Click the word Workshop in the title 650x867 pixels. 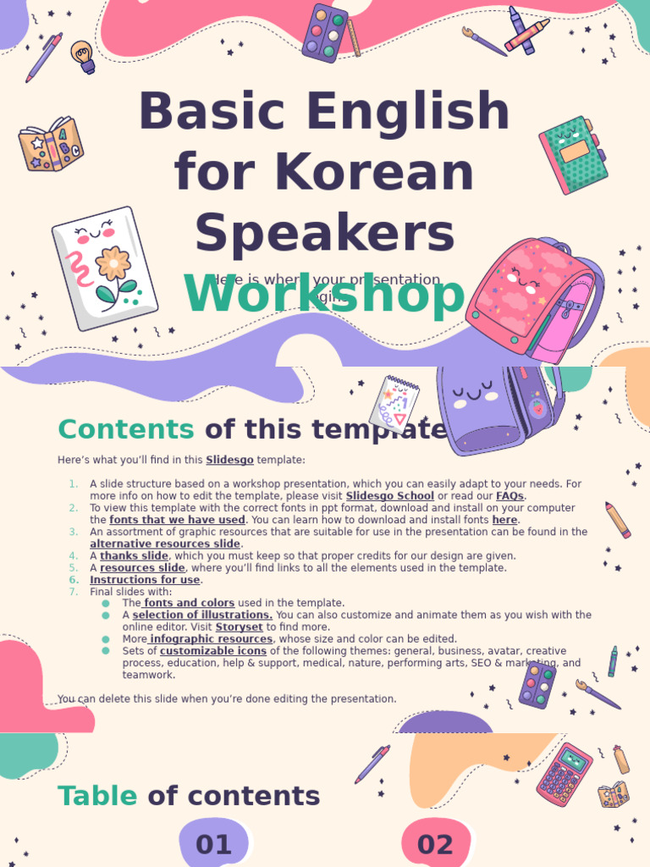[x=324, y=296]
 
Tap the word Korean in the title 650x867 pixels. [x=324, y=172]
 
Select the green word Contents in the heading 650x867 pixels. [x=125, y=429]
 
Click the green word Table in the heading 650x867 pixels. [x=96, y=796]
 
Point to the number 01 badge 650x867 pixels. [x=214, y=844]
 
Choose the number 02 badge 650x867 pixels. [x=435, y=844]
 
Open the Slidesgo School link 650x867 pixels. [x=389, y=496]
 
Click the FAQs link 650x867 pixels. [x=510, y=496]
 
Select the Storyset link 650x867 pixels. [x=240, y=627]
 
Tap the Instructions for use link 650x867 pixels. [x=145, y=580]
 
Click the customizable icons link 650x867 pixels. [x=213, y=651]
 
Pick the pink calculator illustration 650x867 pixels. [x=565, y=774]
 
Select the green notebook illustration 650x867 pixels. [x=573, y=154]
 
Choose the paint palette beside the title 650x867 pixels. [x=327, y=33]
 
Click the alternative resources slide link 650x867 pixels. [x=165, y=544]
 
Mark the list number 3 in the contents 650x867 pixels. [x=73, y=532]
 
